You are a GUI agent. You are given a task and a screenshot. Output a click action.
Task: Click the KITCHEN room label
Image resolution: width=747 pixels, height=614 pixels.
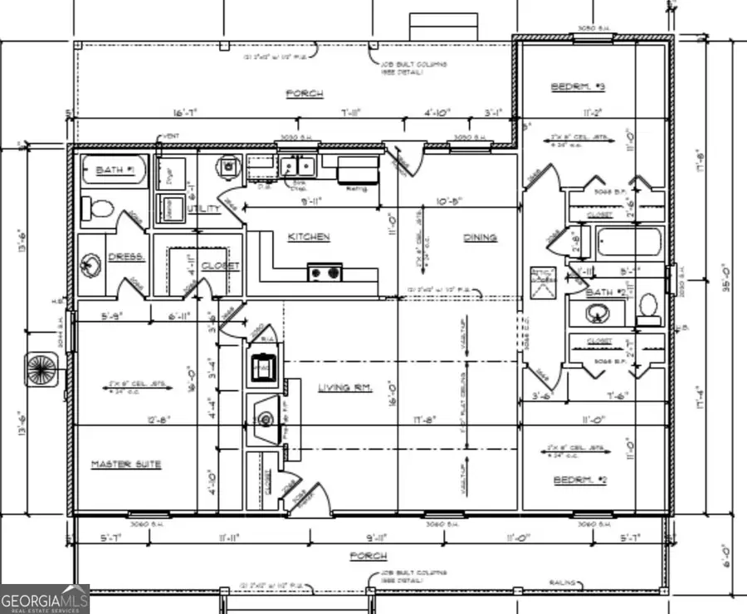(x=309, y=237)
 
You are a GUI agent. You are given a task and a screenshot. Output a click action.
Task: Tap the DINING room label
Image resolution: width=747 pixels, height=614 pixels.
(x=480, y=238)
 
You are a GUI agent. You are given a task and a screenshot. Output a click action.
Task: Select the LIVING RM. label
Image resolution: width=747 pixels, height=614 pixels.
(x=345, y=387)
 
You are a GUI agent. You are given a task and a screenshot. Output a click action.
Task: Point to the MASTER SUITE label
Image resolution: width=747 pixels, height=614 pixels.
(x=126, y=464)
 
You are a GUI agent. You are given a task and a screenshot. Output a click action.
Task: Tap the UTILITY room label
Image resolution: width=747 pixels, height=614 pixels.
(x=204, y=209)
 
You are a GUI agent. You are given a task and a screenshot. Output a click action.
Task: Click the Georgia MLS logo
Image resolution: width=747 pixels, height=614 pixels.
(x=44, y=599)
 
